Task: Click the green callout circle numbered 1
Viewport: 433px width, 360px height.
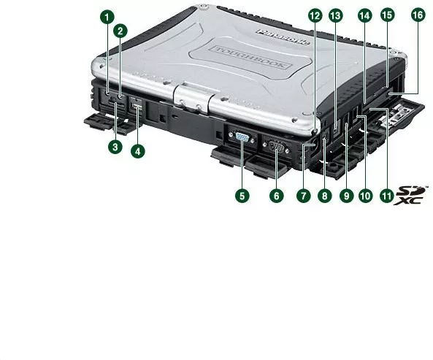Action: (107, 18)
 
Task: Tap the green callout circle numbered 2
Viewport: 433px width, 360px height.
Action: (120, 31)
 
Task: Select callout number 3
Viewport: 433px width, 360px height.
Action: (115, 147)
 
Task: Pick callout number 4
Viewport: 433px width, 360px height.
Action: (138, 151)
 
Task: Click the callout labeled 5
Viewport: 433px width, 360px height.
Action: (242, 196)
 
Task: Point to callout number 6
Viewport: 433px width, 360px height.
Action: (277, 196)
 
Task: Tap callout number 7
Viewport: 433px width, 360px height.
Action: (304, 196)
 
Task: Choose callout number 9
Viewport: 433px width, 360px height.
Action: (347, 196)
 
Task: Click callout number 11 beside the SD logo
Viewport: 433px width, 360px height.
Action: (386, 196)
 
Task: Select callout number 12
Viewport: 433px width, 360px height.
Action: (315, 15)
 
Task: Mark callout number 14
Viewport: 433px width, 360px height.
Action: (365, 15)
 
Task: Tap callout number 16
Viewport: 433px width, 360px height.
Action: (418, 15)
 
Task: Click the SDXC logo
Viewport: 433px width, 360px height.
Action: (410, 196)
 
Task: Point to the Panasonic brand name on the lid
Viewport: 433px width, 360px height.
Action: (283, 37)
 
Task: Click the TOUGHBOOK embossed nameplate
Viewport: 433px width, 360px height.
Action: (250, 58)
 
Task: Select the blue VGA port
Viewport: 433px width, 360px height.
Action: (242, 137)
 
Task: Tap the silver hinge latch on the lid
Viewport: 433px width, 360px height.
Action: (193, 98)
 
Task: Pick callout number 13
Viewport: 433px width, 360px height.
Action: (335, 15)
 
